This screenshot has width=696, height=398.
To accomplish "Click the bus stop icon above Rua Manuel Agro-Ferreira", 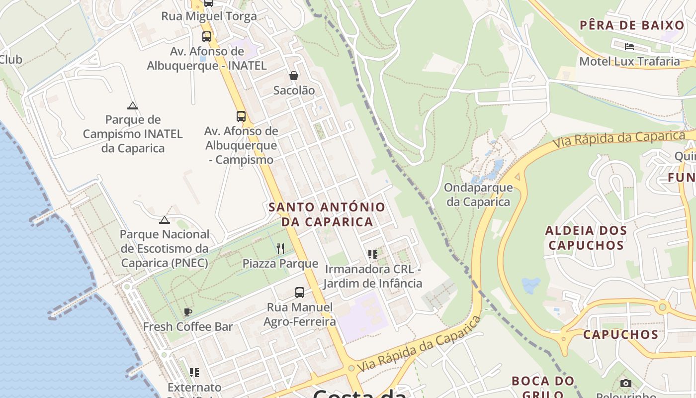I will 299,293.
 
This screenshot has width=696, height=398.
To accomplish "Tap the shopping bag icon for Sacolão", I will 294,76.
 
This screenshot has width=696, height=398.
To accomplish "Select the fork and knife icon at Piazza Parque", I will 280,249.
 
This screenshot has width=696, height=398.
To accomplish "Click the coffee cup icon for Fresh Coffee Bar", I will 188,312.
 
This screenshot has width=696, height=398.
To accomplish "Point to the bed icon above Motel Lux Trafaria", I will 629,47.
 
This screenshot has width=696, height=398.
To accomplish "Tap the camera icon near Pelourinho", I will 626,383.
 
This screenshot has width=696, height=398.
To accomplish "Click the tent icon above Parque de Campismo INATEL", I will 132,105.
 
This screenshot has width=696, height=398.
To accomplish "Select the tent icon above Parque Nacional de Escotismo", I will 165,220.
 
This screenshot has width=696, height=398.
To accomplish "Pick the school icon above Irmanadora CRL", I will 373,254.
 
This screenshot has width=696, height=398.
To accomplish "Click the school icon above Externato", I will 194,372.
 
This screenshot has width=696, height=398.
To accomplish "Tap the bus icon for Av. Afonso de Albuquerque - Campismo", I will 241,116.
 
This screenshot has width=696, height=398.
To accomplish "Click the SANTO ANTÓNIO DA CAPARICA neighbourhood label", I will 327,214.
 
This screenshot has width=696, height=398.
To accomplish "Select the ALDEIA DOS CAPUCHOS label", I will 586,238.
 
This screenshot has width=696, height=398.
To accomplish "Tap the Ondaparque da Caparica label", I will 478,195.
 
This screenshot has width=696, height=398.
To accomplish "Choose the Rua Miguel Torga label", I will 209,16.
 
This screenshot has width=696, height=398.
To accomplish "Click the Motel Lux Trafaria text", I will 629,61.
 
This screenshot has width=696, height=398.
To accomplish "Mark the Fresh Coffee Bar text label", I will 188,327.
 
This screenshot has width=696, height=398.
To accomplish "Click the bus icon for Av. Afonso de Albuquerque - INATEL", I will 206,36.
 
